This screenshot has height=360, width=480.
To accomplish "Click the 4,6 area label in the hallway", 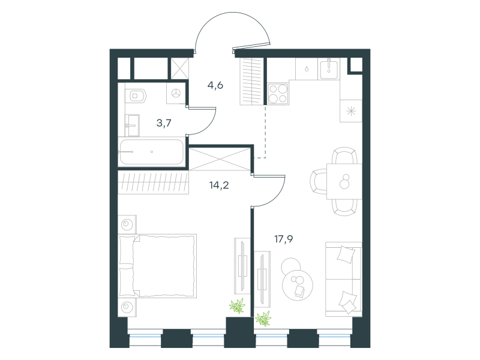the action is pos(215,85).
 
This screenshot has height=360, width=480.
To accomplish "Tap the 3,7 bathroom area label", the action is pos(164,123).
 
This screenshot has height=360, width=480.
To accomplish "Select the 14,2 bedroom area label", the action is pos(219,185).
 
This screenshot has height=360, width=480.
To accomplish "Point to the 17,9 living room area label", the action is pos(283,239).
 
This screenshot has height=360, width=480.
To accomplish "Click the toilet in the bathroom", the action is pos(136,96).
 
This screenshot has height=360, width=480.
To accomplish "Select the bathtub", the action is pos(152,152).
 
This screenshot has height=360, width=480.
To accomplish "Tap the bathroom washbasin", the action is pos(132,125).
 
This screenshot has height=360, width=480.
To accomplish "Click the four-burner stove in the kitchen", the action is pos(278,94).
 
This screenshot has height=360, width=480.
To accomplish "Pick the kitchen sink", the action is pos(329,69).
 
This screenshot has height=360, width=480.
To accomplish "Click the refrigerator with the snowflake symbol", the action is pos(351,111).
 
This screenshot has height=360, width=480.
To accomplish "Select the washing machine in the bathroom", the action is pos(176,93).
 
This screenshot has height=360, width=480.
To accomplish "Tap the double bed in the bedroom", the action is pos(157,266).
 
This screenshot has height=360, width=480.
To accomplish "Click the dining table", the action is pos(344,182).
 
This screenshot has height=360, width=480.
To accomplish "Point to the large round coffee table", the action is pos(298,285).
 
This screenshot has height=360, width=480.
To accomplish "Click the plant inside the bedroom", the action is pos(238,306).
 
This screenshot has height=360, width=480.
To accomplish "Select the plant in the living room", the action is pos(263,319).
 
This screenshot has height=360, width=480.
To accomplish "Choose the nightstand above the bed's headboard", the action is pos(127,224).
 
